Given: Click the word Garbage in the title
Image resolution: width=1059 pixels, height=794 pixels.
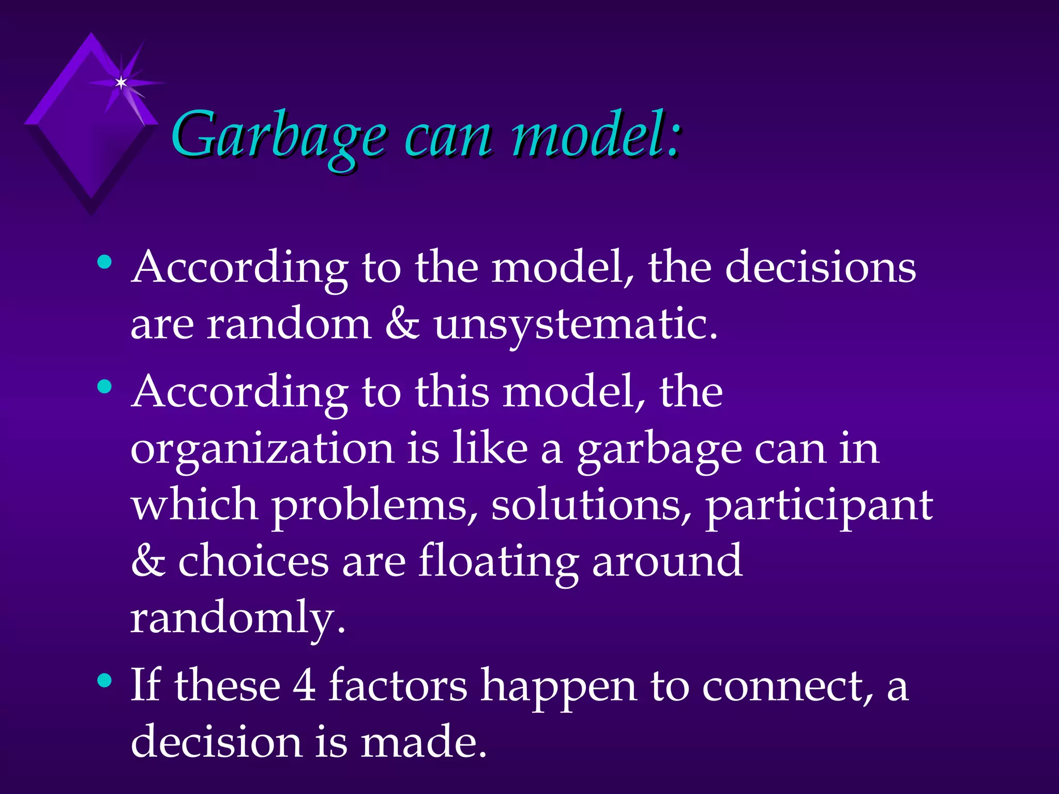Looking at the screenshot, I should click(x=278, y=135).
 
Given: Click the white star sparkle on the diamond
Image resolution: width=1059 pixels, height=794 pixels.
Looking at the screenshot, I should click(x=121, y=83).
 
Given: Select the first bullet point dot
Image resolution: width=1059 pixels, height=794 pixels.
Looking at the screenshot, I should click(x=104, y=262).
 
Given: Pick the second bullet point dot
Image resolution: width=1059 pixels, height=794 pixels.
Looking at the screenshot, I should click(x=104, y=386).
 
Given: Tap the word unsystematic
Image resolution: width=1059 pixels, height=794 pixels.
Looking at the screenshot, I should click(x=575, y=326).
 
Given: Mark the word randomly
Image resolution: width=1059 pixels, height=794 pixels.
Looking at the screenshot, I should click(x=237, y=619).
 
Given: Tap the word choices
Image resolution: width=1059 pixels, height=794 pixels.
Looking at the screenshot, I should click(x=253, y=562).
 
